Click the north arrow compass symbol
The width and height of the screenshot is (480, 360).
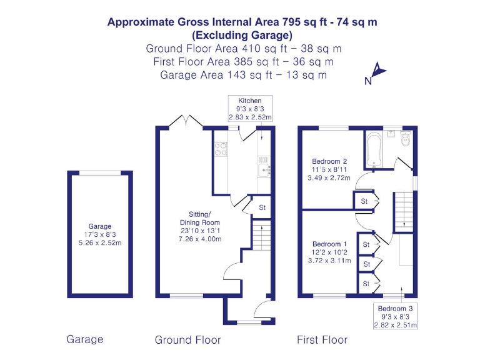click(376, 72)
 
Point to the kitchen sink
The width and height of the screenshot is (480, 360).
click(263, 168)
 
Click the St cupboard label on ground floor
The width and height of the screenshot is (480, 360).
click(262, 207)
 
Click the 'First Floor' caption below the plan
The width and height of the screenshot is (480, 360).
click(322, 340)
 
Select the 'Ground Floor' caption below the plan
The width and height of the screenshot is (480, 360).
click(187, 340)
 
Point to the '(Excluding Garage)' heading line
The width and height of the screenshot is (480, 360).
click(242, 35)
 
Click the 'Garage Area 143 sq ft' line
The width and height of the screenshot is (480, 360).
click(243, 75)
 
